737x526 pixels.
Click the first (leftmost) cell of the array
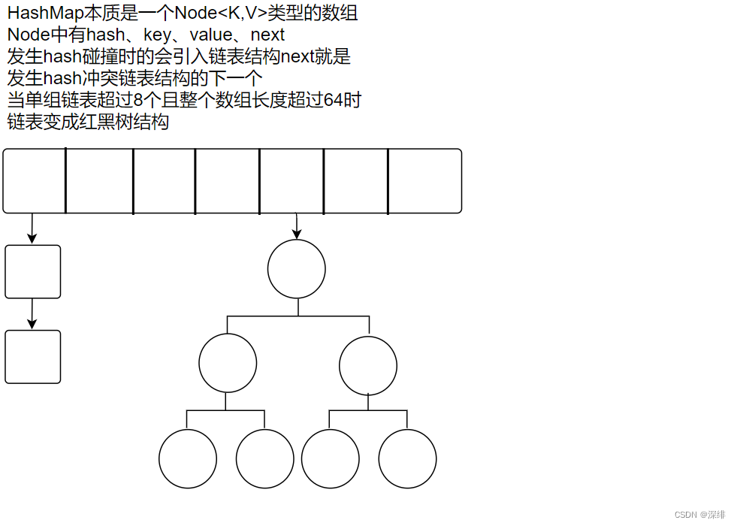(35, 180)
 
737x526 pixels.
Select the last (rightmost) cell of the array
(424, 180)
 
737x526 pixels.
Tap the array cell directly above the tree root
(291, 180)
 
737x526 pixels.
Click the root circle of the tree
(297, 268)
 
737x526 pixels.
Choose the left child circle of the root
(228, 364)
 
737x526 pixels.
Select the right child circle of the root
(368, 364)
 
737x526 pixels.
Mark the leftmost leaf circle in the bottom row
(188, 458)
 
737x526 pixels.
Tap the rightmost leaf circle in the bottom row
(407, 458)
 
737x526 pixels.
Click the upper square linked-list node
(32, 271)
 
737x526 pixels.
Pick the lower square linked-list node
(32, 357)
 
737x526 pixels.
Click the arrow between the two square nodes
(32, 313)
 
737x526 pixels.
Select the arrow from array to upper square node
(32, 228)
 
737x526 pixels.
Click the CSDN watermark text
(699, 515)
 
